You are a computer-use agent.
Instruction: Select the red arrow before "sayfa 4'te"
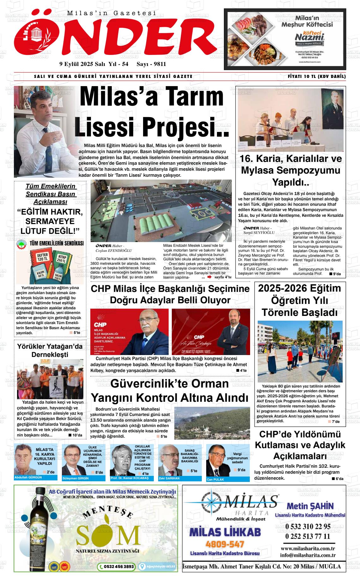(209, 277)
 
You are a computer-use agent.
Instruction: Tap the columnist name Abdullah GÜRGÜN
(28, 477)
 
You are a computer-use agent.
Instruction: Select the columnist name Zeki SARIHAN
(169, 478)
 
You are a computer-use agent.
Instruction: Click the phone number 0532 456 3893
(117, 567)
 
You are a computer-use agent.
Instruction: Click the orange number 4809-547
(225, 544)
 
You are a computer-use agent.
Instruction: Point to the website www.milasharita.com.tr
(308, 548)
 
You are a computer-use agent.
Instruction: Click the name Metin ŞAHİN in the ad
(310, 506)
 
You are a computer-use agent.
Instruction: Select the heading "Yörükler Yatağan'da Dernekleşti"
(50, 350)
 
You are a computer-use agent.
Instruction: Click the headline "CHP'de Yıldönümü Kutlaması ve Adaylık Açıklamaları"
(300, 445)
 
